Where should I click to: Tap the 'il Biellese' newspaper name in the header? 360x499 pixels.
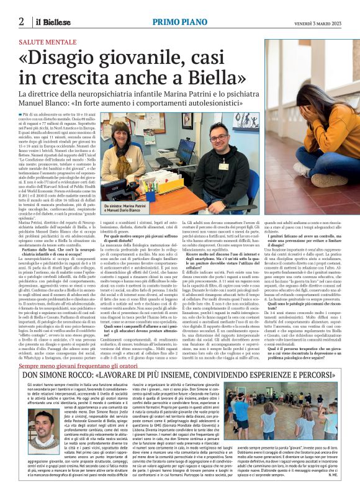coord(50,22)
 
